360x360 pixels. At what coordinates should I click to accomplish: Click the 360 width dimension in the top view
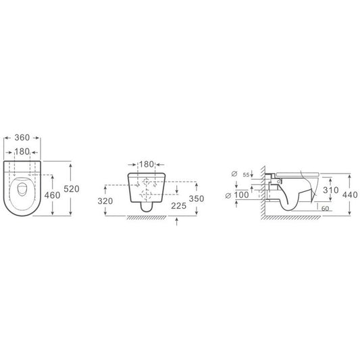coord(22,138)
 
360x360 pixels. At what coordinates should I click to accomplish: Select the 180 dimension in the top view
coord(22,151)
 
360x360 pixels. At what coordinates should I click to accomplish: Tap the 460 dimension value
coord(52,195)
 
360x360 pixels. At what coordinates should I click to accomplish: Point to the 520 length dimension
coord(72,188)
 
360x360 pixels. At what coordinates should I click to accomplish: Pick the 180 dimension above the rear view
coord(147,164)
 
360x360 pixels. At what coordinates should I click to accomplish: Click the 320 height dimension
coord(105,201)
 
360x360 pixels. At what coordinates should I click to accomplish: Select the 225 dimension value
coord(178,206)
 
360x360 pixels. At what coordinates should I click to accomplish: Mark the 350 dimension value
coord(197,199)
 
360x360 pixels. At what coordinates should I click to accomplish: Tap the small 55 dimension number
coord(246,175)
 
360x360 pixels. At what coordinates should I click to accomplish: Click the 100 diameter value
coord(241,195)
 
